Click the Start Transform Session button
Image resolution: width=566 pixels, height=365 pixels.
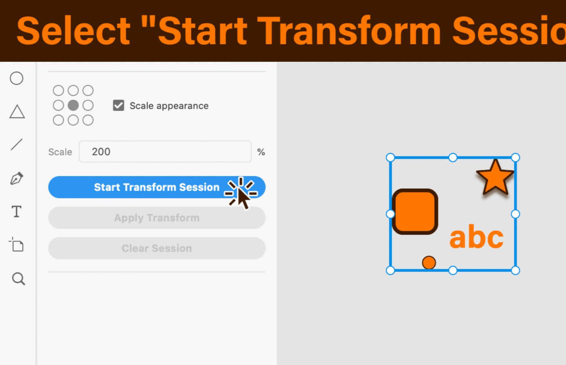(157, 187)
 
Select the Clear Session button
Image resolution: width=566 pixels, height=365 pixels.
(157, 248)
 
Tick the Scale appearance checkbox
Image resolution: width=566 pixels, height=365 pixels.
(118, 106)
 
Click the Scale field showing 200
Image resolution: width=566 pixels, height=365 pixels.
(165, 151)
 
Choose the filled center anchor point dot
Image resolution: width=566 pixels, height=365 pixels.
(73, 105)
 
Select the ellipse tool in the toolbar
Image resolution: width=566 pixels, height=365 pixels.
(17, 78)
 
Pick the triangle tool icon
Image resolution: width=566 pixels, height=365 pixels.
(17, 112)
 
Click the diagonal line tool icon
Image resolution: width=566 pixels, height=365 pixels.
(17, 144)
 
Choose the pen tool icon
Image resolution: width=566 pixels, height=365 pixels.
(17, 178)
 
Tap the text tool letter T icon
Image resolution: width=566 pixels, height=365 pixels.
(17, 212)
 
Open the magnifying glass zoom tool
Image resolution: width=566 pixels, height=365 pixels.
(19, 279)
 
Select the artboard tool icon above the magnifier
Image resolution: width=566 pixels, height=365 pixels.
(17, 244)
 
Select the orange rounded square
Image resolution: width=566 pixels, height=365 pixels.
(415, 212)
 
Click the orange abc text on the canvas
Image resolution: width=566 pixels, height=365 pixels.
(477, 236)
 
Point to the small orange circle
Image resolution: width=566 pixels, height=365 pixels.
(429, 263)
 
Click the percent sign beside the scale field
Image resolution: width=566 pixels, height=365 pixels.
(261, 152)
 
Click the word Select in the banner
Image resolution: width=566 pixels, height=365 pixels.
(73, 31)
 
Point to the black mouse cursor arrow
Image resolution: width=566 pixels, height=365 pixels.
(243, 199)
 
